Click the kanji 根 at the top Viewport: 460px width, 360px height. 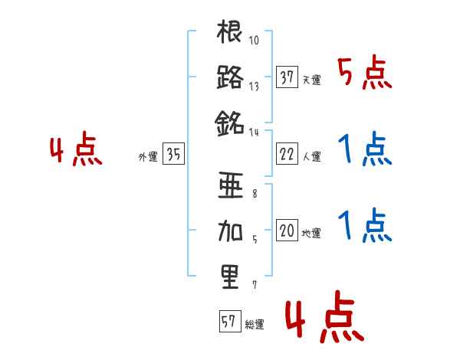click(x=230, y=34)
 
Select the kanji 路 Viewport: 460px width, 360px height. click(x=230, y=78)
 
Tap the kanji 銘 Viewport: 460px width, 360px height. click(x=230, y=122)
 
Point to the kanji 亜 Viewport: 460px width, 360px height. click(x=230, y=187)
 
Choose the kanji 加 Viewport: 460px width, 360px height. click(x=230, y=231)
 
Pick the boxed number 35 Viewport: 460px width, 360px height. click(x=173, y=155)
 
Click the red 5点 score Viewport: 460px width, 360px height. click(x=366, y=74)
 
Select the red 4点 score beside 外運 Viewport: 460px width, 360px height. click(x=76, y=151)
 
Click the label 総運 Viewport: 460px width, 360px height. click(x=254, y=324)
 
